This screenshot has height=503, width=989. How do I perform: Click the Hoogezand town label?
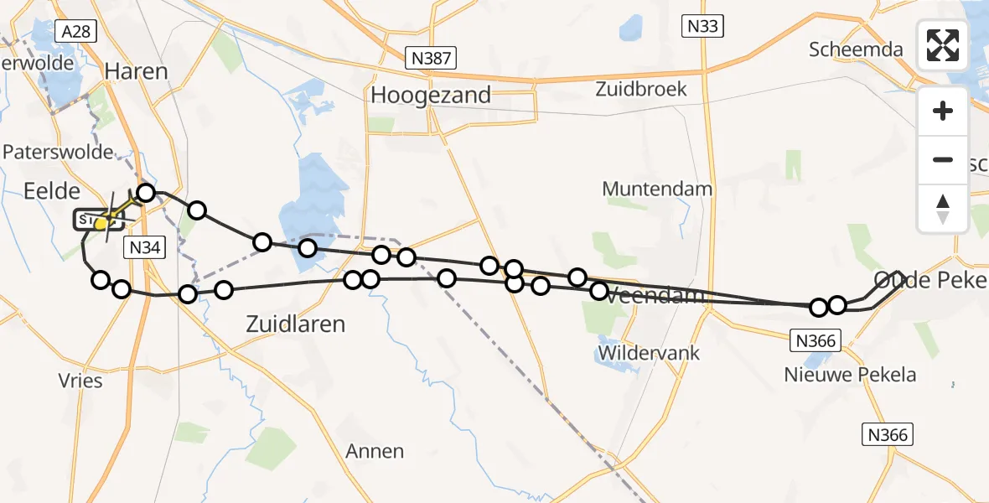pyautogui.click(x=431, y=96)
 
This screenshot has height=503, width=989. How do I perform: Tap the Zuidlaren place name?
pyautogui.click(x=296, y=324)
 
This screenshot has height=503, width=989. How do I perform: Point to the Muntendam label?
pyautogui.click(x=657, y=189)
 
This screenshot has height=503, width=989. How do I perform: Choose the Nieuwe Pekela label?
pyautogui.click(x=851, y=375)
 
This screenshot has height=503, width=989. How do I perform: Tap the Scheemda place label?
pyautogui.click(x=856, y=49)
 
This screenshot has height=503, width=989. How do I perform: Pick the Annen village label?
pyautogui.click(x=375, y=451)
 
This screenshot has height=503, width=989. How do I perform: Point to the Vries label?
pyautogui.click(x=81, y=381)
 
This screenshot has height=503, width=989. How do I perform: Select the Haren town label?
pyautogui.click(x=137, y=71)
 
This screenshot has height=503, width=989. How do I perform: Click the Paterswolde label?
pyautogui.click(x=59, y=152)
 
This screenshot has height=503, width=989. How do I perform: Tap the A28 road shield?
pyautogui.click(x=77, y=32)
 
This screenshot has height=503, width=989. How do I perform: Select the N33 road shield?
pyautogui.click(x=702, y=27)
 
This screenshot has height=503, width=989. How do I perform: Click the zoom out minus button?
pyautogui.click(x=943, y=159)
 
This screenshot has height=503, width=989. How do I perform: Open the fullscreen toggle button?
pyautogui.click(x=943, y=45)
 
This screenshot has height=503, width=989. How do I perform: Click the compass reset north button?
pyautogui.click(x=943, y=208)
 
